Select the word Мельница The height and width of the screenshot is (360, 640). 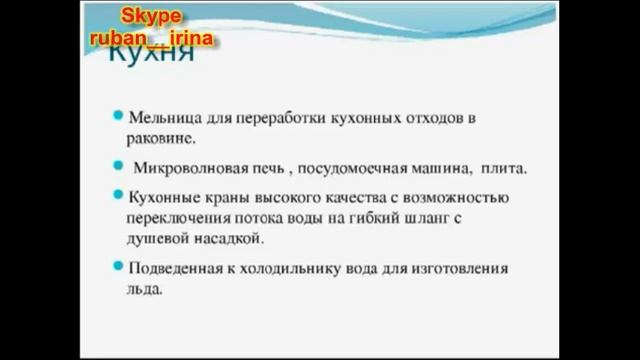(161, 118)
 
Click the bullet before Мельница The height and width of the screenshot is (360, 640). (118, 116)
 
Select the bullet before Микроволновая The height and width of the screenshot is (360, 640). (118, 166)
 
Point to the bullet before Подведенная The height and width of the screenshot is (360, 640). (118, 266)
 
